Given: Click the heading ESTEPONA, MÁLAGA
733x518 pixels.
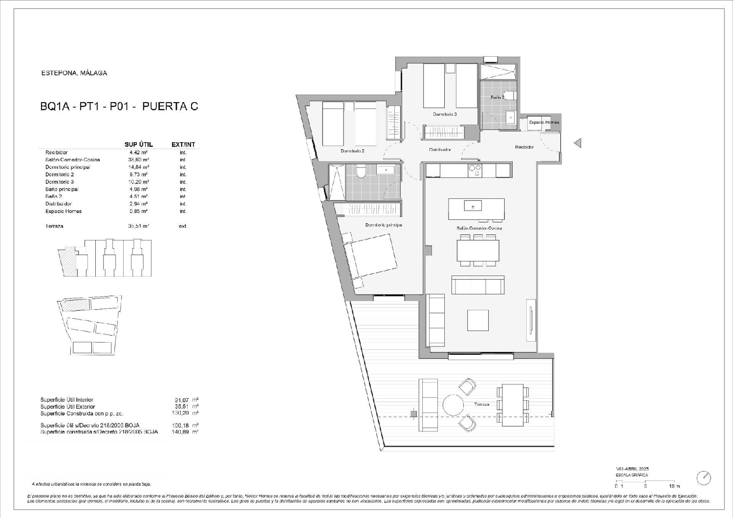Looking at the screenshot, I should tap(74, 73).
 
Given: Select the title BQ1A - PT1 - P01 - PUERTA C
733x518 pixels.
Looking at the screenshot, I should tap(119, 107).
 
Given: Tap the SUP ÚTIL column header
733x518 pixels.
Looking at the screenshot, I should tap(139, 145).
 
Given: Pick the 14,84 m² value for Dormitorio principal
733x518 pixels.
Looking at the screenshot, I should tap(138, 167).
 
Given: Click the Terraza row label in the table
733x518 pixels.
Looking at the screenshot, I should tap(54, 226).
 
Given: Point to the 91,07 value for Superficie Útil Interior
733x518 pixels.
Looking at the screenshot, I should tap(174, 400).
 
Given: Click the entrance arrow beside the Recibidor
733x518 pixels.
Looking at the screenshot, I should tap(578, 143).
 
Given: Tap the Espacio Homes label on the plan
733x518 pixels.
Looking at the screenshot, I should tap(543, 122).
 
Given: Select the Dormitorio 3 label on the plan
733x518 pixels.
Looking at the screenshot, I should tap(445, 114).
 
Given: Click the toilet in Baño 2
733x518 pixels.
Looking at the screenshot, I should tap(510, 96).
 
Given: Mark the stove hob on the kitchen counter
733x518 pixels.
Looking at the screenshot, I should tap(474, 170).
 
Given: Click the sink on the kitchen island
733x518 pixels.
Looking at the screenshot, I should tap(473, 207).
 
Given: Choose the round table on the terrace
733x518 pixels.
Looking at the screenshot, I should tap(453, 405).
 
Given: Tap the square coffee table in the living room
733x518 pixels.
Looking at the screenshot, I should tap(477, 321).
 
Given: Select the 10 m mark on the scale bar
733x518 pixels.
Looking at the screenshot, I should tap(674, 486).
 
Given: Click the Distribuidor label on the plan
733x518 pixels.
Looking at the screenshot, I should tap(440, 150).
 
